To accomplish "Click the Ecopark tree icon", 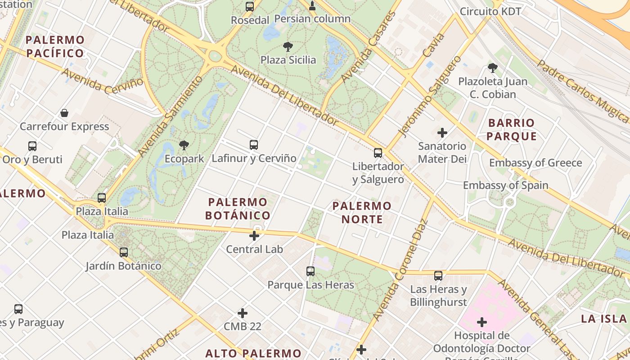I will point(184,145).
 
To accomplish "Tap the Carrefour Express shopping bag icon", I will point(64,112).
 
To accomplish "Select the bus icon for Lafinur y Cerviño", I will point(254,144).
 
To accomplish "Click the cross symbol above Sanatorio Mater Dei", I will point(442,132).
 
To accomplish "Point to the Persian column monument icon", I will point(312,6).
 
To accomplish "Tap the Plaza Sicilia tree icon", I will point(288,46).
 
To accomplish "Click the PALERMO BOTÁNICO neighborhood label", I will point(238,208).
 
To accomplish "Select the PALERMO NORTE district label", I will point(362,212).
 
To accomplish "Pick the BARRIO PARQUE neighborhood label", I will point(512,129).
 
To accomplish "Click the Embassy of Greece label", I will point(535,163).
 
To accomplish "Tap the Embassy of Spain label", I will point(505,185).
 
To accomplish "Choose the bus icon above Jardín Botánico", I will point(124,252).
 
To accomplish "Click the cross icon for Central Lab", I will point(254,235).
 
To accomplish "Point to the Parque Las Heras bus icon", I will point(310,271).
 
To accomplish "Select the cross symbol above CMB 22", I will point(243,313).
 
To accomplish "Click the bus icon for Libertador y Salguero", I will point(378,153).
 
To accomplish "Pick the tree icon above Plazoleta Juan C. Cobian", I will point(493,68).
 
